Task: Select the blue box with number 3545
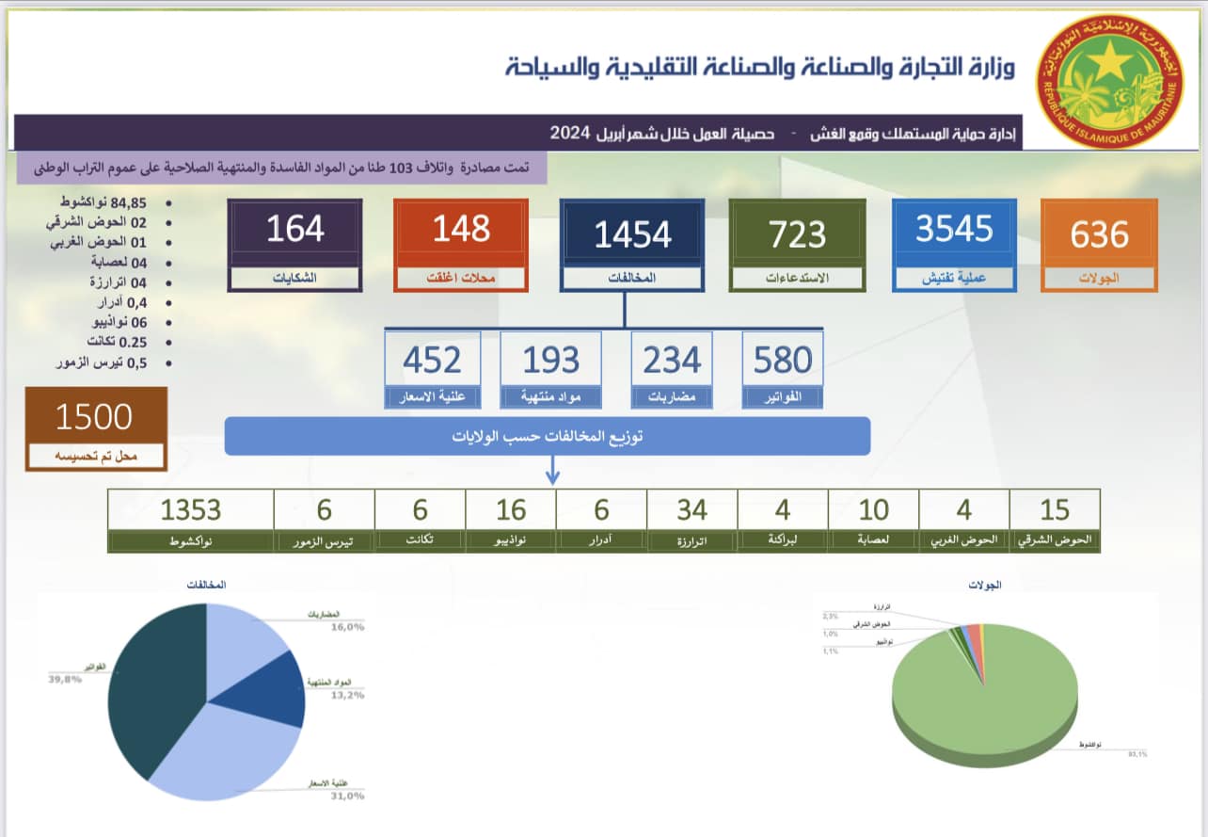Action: (x=954, y=244)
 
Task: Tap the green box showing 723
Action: (x=798, y=244)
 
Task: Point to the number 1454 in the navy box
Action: (x=632, y=234)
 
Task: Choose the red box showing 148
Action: (x=461, y=244)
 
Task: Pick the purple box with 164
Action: (x=295, y=244)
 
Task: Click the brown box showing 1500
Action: (x=96, y=428)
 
